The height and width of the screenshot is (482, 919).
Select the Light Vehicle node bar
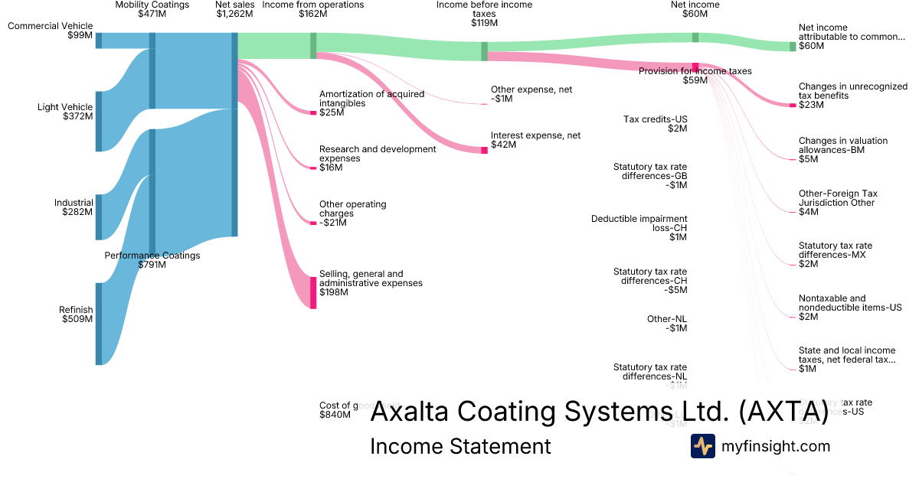[99, 121]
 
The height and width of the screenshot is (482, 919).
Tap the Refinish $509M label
[76, 314]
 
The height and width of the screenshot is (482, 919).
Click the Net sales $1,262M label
[234, 9]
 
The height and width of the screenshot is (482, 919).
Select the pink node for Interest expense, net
[484, 150]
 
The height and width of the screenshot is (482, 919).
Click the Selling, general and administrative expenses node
[313, 292]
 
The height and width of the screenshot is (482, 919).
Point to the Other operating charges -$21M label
[352, 213]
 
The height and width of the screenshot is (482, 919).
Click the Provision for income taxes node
[695, 67]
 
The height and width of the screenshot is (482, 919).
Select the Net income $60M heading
[695, 9]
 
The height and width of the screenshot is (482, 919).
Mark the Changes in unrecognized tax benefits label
[852, 96]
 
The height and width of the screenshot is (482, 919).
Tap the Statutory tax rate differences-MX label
[835, 255]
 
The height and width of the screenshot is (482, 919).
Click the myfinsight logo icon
[702, 446]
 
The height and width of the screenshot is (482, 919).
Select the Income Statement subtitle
[460, 446]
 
